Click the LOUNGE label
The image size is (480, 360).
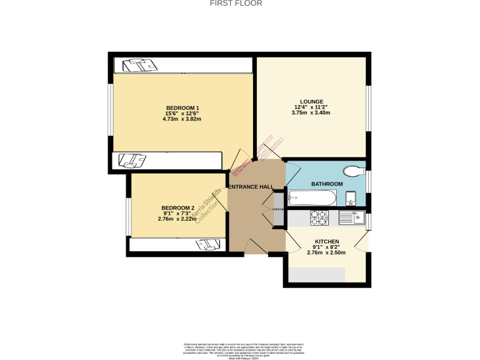[311, 101]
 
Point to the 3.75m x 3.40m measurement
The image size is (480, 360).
[311, 113]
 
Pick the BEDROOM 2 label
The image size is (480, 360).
[178, 207]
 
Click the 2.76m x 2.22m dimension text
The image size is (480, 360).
[178, 219]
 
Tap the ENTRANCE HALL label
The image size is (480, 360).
[251, 187]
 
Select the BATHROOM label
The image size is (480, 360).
[327, 184]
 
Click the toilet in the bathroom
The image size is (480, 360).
[354, 169]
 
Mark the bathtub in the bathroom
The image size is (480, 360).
[312, 198]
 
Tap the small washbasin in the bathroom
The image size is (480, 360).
[351, 199]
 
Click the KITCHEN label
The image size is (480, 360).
[327, 241]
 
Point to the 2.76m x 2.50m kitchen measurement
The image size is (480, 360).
[327, 252]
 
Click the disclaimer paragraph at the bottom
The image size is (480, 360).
[240, 349]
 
